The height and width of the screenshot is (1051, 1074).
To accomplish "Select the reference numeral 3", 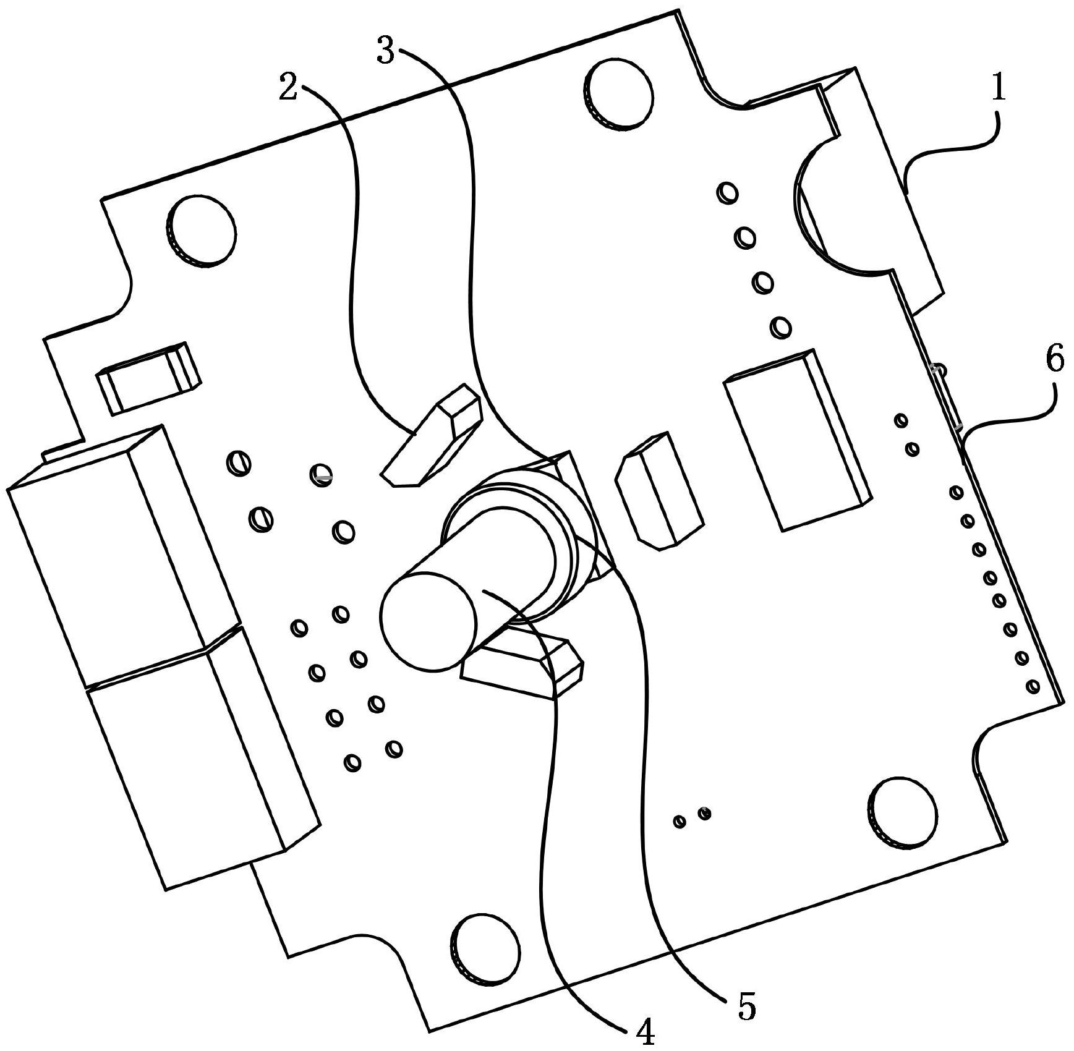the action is (386, 51).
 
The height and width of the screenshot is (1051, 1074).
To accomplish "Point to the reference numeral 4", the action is (646, 1032).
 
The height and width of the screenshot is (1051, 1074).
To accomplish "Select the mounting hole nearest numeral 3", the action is (618, 94).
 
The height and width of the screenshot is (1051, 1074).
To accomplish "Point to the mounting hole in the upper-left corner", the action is (202, 231).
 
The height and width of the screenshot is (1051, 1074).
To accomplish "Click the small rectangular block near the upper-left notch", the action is (149, 378).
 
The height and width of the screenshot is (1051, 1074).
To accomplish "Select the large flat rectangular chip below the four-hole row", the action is (798, 440).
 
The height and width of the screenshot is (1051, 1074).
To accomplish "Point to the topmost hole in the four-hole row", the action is (728, 192).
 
